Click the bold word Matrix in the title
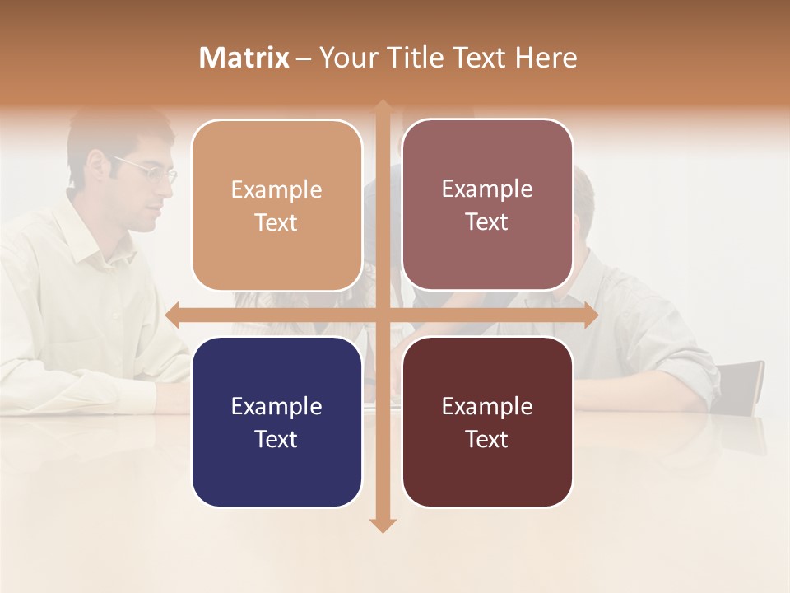(244, 58)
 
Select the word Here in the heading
(546, 58)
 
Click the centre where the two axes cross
(383, 315)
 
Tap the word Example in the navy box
(276, 406)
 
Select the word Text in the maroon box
(487, 439)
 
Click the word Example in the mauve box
(487, 189)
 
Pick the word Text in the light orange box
(276, 222)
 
